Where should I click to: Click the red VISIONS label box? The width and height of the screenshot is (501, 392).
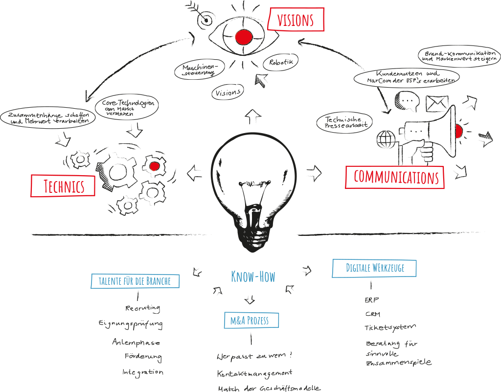[x=296, y=20]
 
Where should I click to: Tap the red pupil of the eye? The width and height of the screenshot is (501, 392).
[x=243, y=36]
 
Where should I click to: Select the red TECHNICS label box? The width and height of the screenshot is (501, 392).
[x=63, y=186]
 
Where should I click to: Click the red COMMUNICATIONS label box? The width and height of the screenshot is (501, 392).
[x=395, y=177]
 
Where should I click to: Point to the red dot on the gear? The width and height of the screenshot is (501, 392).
[x=154, y=166]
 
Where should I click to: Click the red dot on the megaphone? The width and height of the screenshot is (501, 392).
[x=458, y=131]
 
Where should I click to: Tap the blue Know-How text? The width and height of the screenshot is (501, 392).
[x=253, y=277]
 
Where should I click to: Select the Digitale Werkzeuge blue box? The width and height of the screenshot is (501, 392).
[x=374, y=268]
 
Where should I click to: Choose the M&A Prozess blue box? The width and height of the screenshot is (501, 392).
[x=251, y=321]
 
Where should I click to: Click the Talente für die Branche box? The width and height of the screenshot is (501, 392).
[x=135, y=281]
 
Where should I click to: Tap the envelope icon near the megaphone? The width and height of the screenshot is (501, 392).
[x=437, y=103]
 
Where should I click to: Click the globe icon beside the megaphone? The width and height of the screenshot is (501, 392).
[x=386, y=139]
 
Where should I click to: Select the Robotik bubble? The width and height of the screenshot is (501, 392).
[x=281, y=62]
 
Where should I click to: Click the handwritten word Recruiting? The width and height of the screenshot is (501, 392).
[x=143, y=308]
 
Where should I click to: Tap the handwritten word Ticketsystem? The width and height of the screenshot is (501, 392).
[x=390, y=327]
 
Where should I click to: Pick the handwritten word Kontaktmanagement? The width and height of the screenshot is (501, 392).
[x=254, y=374]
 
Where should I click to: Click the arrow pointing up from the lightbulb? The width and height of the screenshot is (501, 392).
[x=253, y=117]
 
